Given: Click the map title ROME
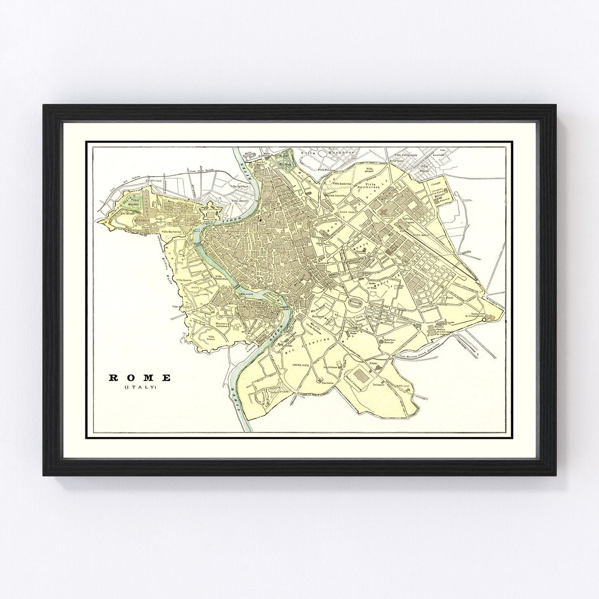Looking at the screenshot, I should (140, 378).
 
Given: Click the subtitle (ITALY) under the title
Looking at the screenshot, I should (140, 388).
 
